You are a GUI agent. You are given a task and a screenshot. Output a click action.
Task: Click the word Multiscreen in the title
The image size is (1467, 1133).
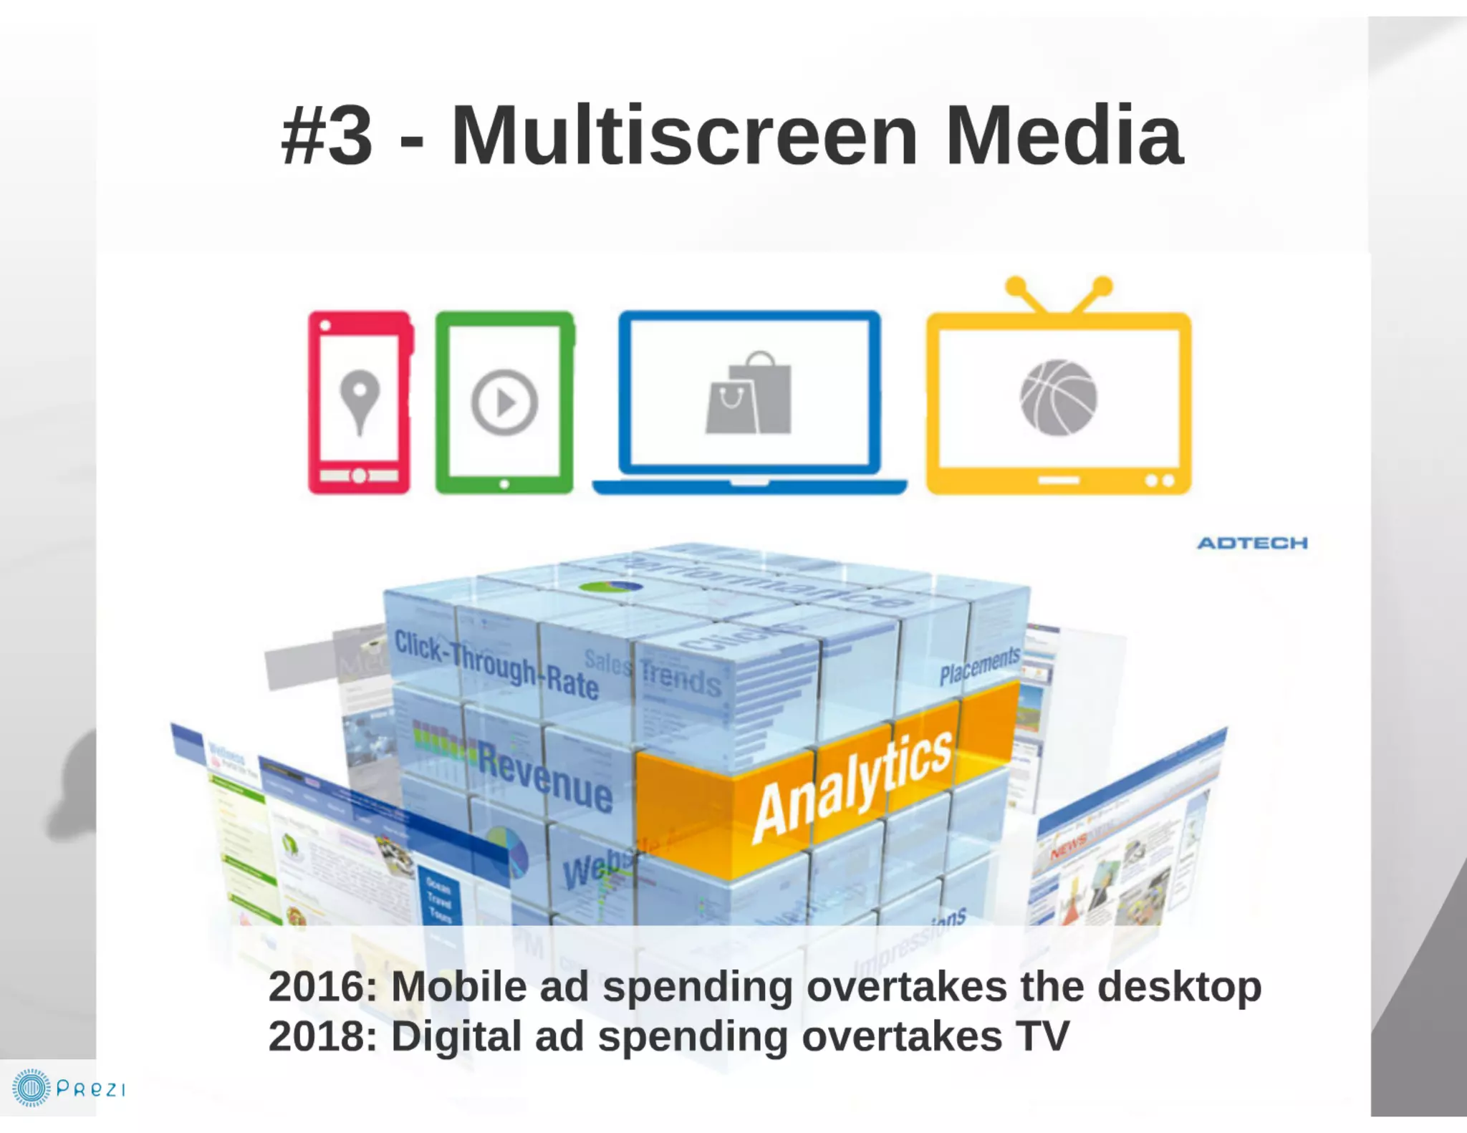tap(684, 135)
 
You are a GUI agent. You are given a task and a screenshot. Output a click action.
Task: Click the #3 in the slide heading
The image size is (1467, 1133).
tap(327, 135)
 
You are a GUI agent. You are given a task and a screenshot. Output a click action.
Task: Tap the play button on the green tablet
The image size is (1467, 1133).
tap(504, 402)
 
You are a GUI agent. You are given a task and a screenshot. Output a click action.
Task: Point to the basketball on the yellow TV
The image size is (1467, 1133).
tap(1058, 397)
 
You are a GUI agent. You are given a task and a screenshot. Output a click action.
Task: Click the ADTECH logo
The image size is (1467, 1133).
tap(1252, 543)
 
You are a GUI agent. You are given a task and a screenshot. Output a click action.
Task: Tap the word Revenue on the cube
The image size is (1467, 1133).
tap(545, 778)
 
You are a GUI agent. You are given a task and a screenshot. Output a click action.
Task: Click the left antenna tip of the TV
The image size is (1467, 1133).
tap(1016, 286)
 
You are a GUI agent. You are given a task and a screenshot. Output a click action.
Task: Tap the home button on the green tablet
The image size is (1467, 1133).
tap(504, 484)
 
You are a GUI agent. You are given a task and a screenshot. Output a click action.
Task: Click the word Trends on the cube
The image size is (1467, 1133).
tap(680, 678)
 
